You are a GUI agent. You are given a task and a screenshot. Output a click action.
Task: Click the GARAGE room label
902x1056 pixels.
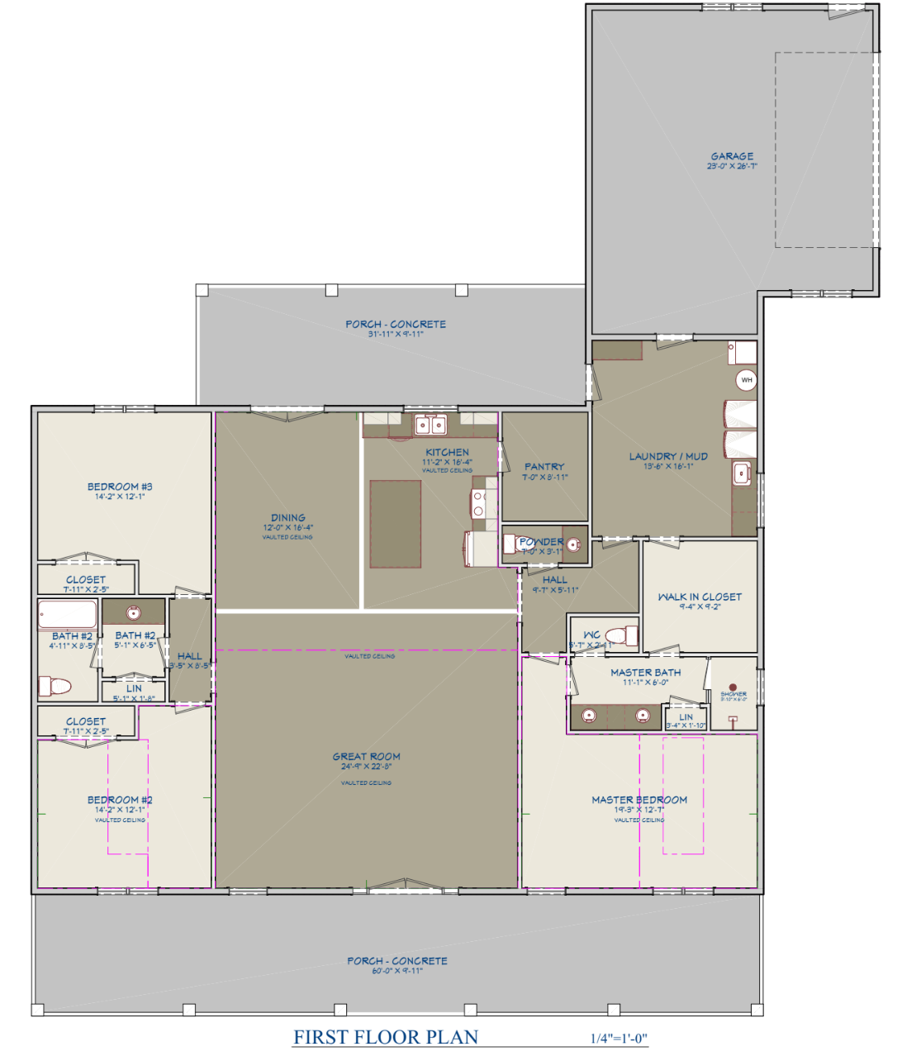point(732,156)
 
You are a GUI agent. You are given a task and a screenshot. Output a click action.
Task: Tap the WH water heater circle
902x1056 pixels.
point(747,380)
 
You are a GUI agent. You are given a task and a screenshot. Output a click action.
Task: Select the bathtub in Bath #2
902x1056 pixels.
point(68,615)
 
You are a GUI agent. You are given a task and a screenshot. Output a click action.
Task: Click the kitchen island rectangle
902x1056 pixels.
point(395,524)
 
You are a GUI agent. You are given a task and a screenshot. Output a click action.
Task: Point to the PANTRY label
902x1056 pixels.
point(544,467)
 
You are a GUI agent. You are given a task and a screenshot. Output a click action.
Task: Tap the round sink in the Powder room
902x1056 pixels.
point(573,545)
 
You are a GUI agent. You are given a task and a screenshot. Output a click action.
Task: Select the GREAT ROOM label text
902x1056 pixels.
point(366,756)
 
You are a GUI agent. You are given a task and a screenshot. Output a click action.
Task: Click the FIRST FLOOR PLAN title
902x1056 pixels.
point(386,1037)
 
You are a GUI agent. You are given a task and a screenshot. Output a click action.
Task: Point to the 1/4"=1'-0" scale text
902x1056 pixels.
point(613,1039)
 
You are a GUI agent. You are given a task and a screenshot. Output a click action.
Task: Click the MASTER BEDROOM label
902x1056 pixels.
point(639,800)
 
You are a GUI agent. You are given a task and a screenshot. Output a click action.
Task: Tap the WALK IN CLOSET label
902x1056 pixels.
point(700,597)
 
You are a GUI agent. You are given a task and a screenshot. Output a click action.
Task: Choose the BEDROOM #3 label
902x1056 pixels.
point(120,487)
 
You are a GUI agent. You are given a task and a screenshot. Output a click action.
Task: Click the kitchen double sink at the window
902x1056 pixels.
point(430,425)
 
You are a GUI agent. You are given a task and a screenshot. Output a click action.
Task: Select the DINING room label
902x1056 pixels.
point(288,518)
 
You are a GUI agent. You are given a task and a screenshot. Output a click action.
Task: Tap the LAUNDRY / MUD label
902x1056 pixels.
point(668,456)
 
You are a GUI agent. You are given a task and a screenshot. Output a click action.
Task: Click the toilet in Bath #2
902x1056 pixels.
point(56,686)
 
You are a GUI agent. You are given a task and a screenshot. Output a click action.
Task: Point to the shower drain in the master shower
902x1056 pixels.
point(732,687)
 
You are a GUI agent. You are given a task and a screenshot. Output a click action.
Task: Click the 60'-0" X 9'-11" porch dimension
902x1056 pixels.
point(396,971)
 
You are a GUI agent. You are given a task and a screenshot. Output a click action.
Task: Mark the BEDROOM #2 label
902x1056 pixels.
point(120,800)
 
